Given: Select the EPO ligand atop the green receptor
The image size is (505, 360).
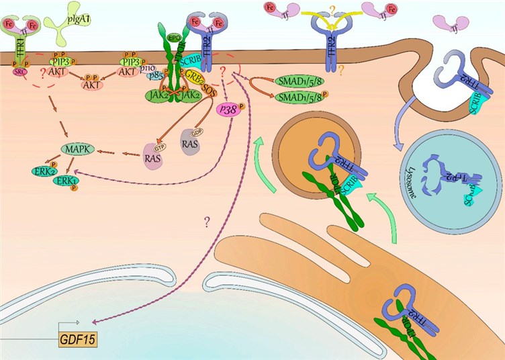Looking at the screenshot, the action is [174, 38].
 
